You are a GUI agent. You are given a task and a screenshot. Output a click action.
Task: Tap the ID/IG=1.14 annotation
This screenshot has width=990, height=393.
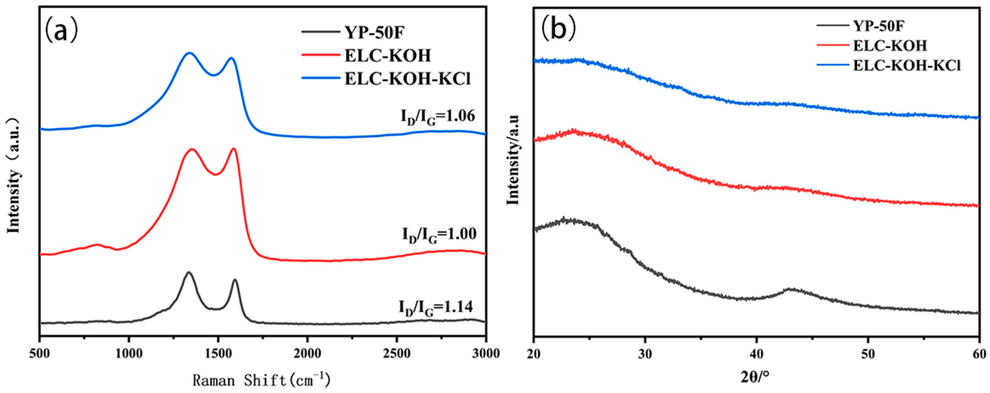coord(435,308)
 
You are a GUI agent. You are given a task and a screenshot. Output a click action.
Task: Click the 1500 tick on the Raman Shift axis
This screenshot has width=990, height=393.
coord(218,353)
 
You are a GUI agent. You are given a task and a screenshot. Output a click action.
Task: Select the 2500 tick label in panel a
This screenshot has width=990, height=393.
coord(396,353)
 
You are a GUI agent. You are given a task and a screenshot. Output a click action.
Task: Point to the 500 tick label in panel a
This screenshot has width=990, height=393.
coord(40,353)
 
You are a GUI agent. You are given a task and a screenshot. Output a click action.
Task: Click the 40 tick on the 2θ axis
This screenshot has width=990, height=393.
coord(756,353)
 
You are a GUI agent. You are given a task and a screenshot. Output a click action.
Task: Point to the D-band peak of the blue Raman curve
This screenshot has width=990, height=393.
coord(189,53)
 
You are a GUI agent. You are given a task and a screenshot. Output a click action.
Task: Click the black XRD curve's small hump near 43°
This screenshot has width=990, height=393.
coord(790,289)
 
